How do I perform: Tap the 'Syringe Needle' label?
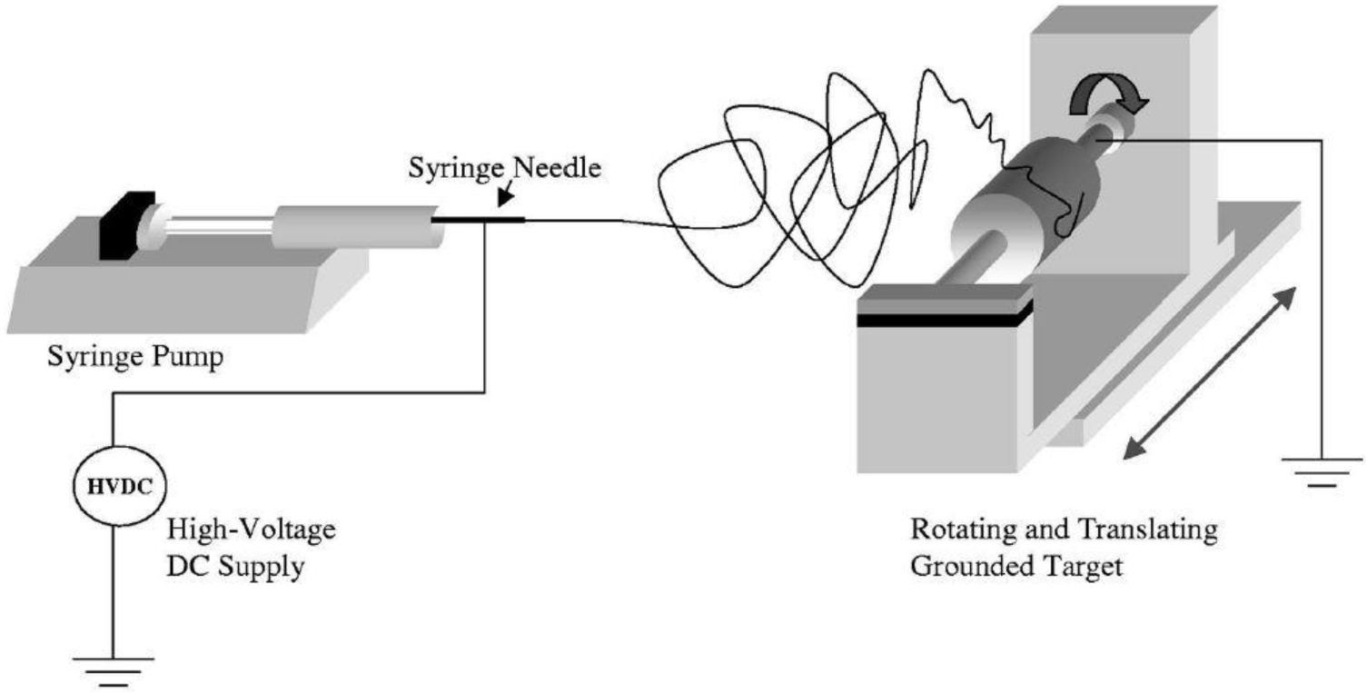pyautogui.click(x=504, y=169)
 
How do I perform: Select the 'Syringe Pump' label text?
pyautogui.click(x=135, y=357)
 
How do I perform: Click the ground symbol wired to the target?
pyautogui.click(x=1322, y=471)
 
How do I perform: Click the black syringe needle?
pyautogui.click(x=477, y=220)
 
